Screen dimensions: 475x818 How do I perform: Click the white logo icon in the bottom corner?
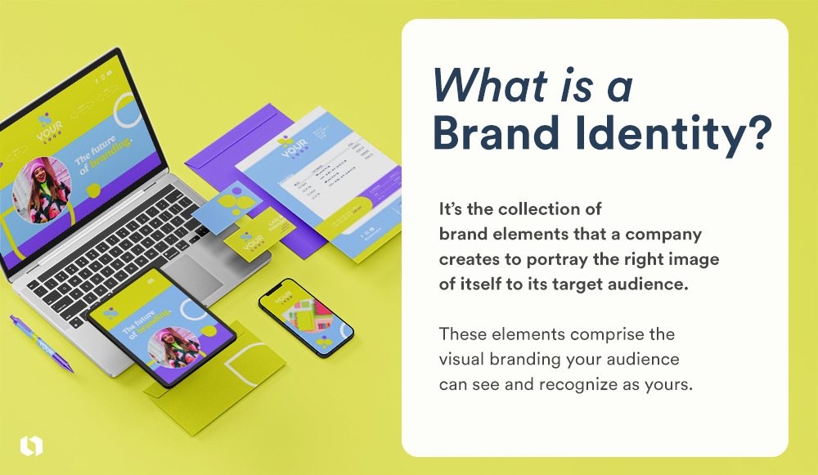31,446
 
